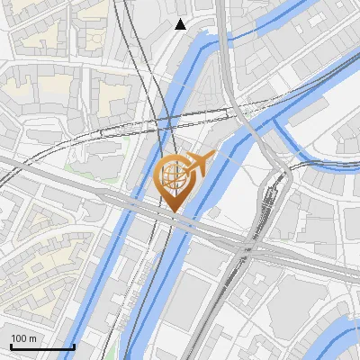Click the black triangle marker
tap(181, 24)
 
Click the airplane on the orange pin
tap(201, 164)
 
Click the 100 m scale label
tap(23, 338)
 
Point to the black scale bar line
tap(41, 346)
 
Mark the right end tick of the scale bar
tap(74, 345)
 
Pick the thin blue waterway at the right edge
tap(346, 166)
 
